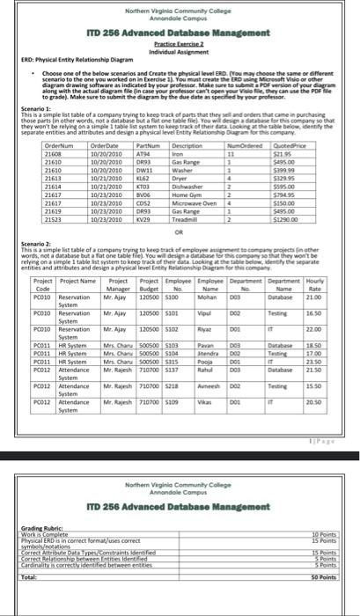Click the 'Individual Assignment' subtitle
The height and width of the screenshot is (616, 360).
pyautogui.click(x=180, y=51)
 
